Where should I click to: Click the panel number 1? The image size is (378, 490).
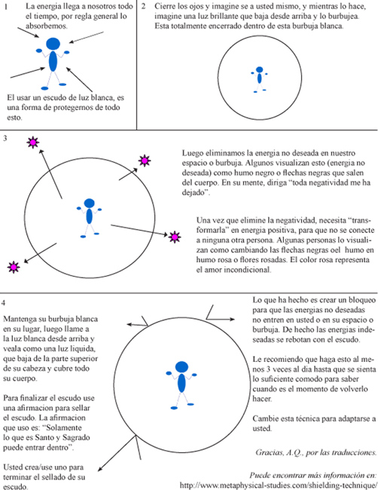[x=6, y=7]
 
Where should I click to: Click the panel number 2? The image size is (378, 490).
[x=144, y=6]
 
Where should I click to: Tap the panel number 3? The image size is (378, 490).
[x=5, y=138]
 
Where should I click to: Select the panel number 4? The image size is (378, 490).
[x=4, y=302]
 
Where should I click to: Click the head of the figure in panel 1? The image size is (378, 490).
[x=53, y=44]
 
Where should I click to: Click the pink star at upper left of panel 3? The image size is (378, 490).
[x=33, y=142]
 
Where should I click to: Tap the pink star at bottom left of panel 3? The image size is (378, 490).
[x=14, y=267]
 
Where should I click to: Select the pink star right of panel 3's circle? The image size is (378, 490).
[x=175, y=237]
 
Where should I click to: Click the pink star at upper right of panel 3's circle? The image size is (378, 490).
[x=145, y=161]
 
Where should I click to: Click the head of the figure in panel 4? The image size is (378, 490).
[x=181, y=366]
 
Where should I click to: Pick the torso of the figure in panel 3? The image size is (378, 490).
[x=90, y=216]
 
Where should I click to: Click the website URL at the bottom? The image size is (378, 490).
[x=279, y=485]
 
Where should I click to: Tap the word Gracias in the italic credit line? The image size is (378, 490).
[x=270, y=452]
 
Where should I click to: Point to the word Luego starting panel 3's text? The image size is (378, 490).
[x=192, y=154]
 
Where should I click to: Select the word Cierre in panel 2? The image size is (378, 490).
[x=164, y=6]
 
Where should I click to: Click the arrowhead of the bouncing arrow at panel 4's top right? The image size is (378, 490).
[x=232, y=319]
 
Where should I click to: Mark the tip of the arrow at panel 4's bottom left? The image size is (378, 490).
[x=99, y=470]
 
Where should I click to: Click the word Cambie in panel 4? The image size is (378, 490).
[x=264, y=418]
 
